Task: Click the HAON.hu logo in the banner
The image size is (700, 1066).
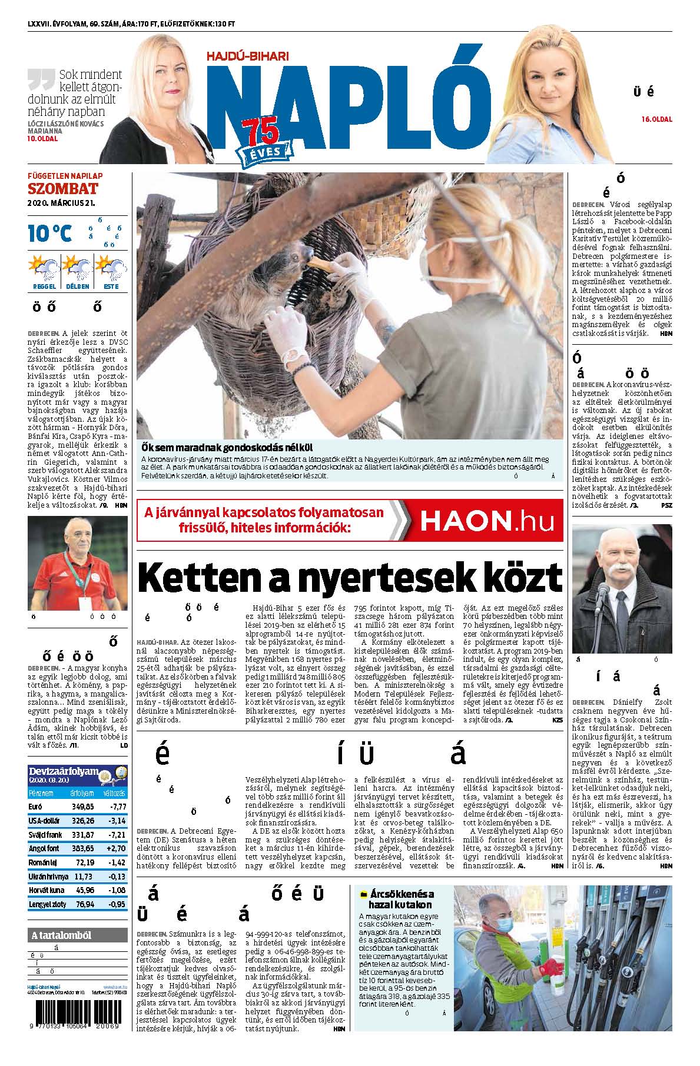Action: point(488,521)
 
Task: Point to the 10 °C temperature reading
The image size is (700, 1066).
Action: point(50,233)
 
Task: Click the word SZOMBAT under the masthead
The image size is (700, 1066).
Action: point(63,189)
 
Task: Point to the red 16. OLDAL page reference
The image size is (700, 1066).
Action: point(656,119)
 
